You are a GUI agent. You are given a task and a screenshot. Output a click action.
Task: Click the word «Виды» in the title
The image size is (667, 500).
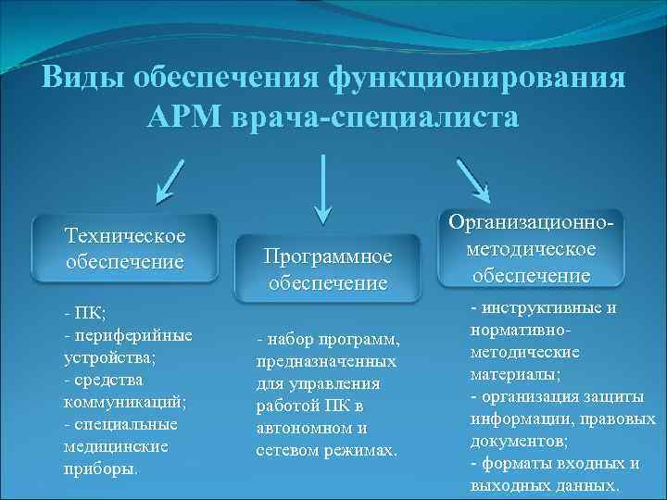pos(82,79)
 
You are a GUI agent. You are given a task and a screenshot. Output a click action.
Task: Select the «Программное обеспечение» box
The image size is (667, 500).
pos(328,269)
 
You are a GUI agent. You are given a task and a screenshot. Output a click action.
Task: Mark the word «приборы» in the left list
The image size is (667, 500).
pos(99,468)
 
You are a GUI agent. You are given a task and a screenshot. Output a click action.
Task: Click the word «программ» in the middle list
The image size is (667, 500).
pos(363,340)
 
